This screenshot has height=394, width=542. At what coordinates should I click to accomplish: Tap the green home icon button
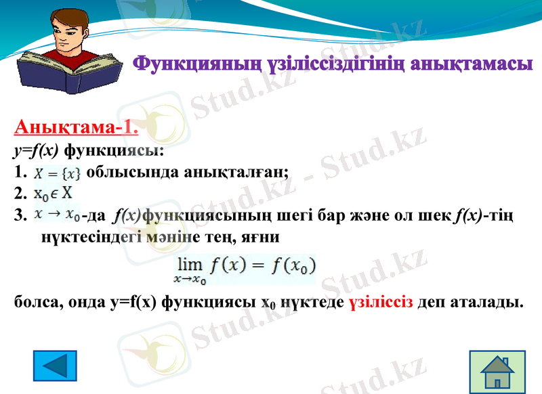pyautogui.click(x=497, y=372)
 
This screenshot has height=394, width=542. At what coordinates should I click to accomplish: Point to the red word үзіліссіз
pyautogui.click(x=381, y=302)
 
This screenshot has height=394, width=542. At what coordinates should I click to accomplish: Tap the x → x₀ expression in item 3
pyautogui.click(x=58, y=215)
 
